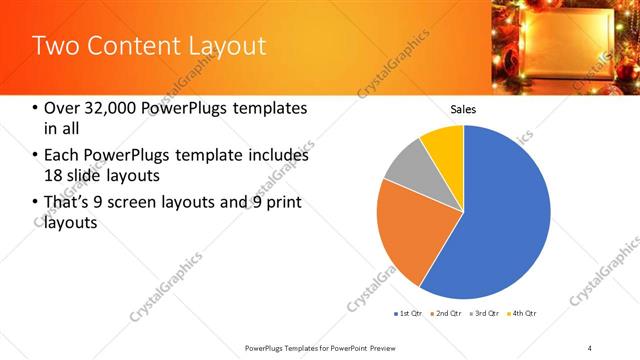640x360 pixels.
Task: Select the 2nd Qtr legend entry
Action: tap(446, 314)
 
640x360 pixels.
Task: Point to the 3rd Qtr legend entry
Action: tap(481, 314)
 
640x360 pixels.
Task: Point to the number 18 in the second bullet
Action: tap(53, 175)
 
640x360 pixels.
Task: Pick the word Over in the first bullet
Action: tap(62, 108)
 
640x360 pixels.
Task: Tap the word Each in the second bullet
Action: tap(62, 156)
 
